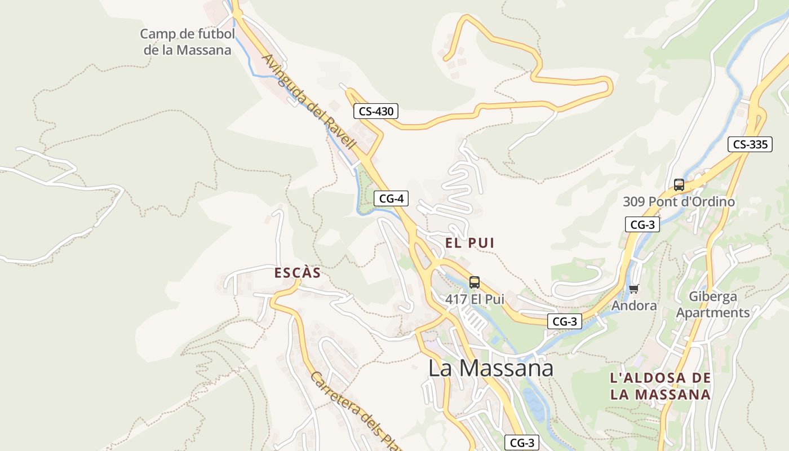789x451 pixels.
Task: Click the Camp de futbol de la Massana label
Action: point(187,42)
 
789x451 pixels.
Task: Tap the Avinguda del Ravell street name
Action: point(309,101)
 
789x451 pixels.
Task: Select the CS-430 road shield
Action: point(376,111)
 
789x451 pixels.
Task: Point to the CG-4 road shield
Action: point(391,198)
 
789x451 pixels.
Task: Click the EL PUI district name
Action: point(469,243)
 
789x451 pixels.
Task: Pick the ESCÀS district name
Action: point(297,273)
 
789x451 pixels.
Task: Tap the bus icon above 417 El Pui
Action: point(475,282)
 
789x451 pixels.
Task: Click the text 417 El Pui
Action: point(475,299)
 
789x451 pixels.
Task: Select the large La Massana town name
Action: point(490,368)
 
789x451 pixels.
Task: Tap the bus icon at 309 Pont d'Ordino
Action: point(679,184)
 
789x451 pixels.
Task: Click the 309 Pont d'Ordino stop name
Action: point(679,201)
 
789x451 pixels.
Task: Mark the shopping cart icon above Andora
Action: point(634,289)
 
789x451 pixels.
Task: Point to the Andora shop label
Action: point(634,306)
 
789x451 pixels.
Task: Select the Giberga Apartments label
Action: point(713,304)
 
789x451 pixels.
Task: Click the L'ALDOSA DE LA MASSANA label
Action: point(661,386)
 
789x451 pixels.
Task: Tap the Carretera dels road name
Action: point(355,411)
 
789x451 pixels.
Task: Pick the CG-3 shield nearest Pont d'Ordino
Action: point(642,224)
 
